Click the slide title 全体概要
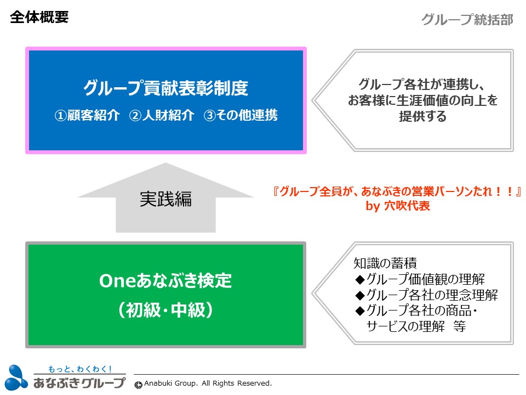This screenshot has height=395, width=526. pyautogui.click(x=39, y=17)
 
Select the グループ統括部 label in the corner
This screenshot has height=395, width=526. pyautogui.click(x=467, y=20)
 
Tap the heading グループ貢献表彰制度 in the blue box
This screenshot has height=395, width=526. pyautogui.click(x=165, y=88)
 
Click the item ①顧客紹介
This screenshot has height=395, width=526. pyautogui.click(x=87, y=115)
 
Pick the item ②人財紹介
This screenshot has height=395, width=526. pyautogui.click(x=162, y=115)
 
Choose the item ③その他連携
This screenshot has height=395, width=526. pyautogui.click(x=241, y=115)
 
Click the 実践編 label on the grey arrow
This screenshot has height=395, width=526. pyautogui.click(x=165, y=199)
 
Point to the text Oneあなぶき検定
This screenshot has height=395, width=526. pyautogui.click(x=165, y=280)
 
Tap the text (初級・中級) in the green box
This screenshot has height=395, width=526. pyautogui.click(x=165, y=309)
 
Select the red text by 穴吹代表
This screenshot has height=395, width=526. pyautogui.click(x=398, y=206)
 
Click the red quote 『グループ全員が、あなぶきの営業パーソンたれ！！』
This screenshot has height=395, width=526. pyautogui.click(x=397, y=191)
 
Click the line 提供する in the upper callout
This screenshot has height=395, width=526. pyautogui.click(x=422, y=116)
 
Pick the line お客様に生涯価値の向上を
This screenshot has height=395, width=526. pyautogui.click(x=422, y=100)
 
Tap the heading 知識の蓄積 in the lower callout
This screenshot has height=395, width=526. pyautogui.click(x=385, y=263)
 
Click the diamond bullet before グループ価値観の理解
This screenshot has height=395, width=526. pyautogui.click(x=360, y=279)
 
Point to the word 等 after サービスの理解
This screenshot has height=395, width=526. pyautogui.click(x=459, y=326)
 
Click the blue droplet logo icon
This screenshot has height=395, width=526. pyautogui.click(x=16, y=377)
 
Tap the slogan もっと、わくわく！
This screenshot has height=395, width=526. pyautogui.click(x=80, y=369)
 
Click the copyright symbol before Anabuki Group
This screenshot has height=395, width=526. pyautogui.click(x=138, y=385)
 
